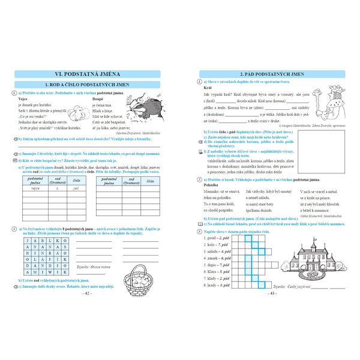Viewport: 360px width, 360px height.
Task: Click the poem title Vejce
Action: [x=27, y=98]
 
